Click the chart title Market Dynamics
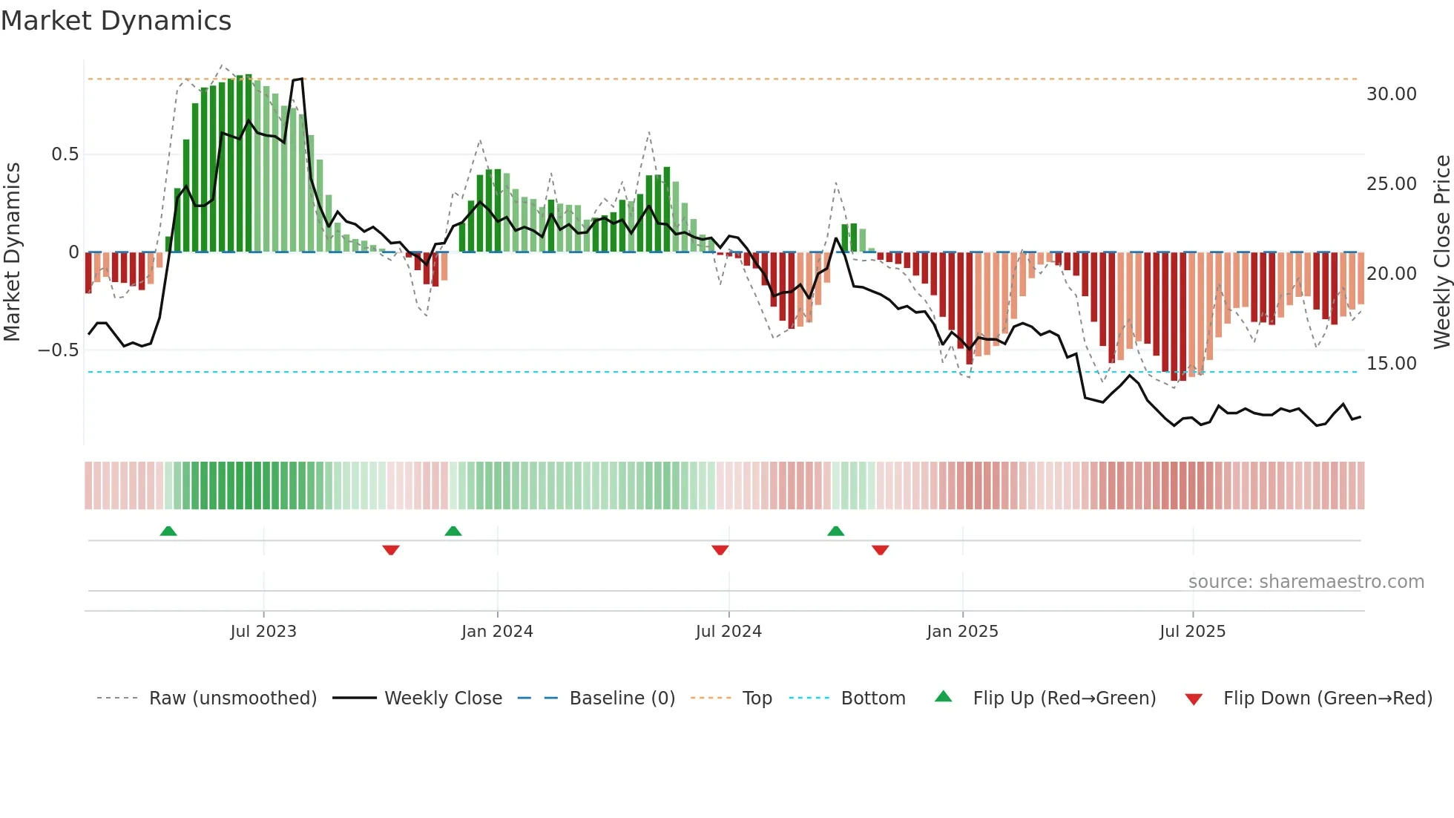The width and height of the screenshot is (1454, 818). (x=116, y=21)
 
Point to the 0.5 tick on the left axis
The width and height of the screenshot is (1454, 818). (x=65, y=154)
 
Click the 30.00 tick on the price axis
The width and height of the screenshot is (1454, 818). (x=1391, y=94)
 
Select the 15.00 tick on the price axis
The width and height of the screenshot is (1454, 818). (x=1391, y=364)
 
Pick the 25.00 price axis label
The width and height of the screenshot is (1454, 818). (x=1391, y=184)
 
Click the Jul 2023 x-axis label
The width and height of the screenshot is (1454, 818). (x=263, y=632)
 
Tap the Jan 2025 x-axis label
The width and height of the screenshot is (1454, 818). (x=962, y=632)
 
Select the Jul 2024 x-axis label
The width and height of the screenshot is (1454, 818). (x=728, y=632)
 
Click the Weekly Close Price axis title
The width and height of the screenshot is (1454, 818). (x=1441, y=252)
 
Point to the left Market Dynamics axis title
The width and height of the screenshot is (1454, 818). (x=12, y=252)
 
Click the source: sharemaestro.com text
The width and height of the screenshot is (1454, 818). (x=1306, y=582)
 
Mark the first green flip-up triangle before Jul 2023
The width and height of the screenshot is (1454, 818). (x=168, y=531)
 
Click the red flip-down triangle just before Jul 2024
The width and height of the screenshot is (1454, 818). (x=720, y=550)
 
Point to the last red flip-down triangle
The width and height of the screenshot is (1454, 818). (x=881, y=550)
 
